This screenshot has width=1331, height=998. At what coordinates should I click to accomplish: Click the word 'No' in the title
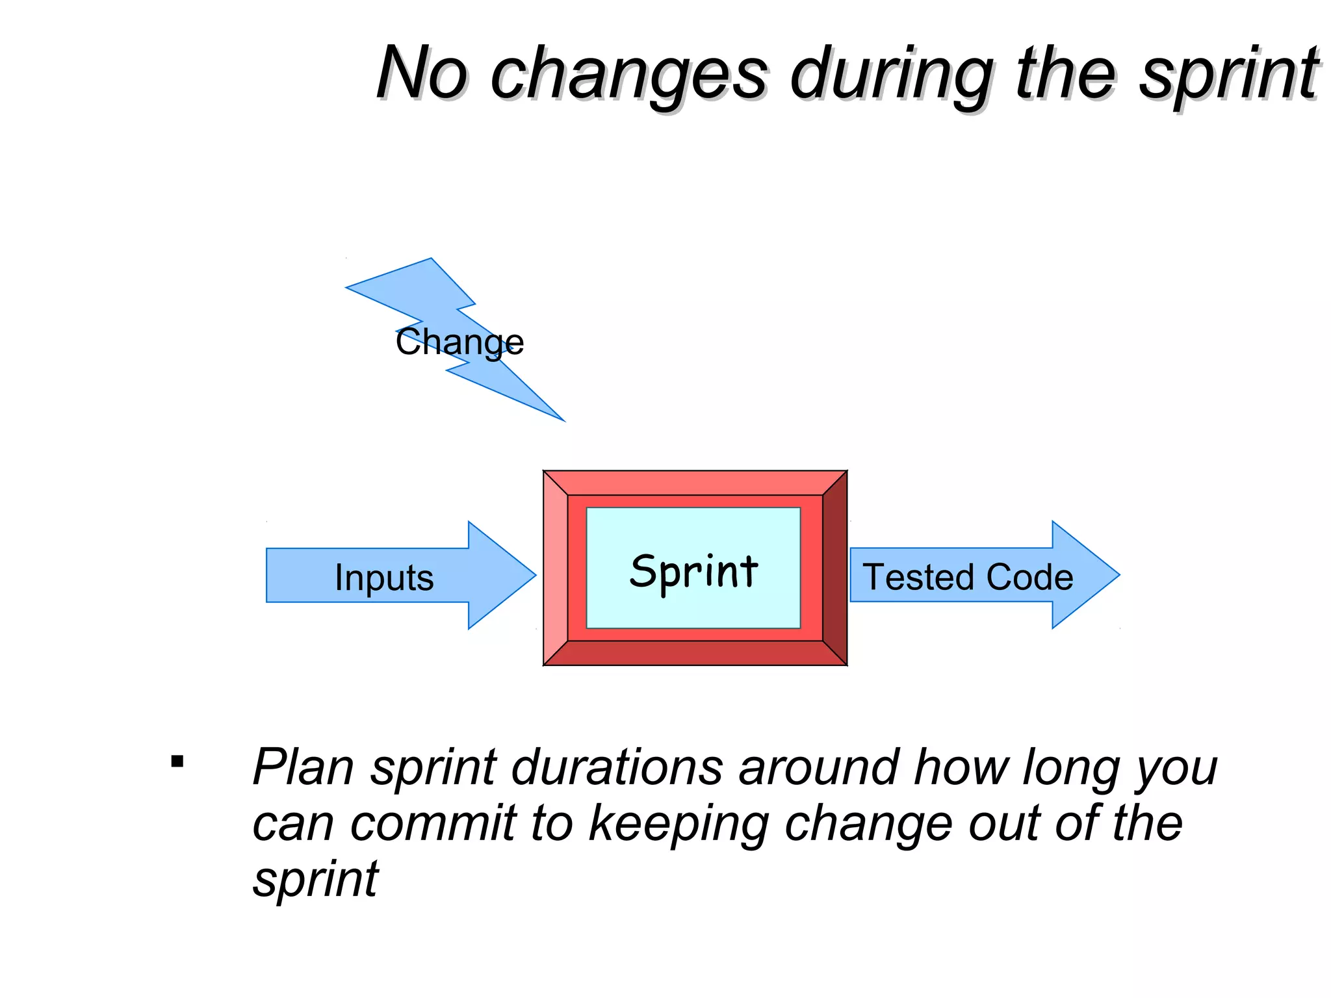pos(421,73)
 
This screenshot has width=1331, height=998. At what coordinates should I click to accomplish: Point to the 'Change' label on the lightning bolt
pos(459,342)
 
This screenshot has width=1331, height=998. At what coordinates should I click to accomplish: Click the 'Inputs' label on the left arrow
pos(384,577)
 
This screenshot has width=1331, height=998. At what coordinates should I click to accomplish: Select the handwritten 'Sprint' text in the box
pos(693,572)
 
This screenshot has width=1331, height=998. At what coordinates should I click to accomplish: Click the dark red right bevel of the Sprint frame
pos(835,568)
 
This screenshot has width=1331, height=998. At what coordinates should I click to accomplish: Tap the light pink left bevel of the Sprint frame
pos(556,568)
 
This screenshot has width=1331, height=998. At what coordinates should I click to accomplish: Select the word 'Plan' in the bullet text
pos(303,767)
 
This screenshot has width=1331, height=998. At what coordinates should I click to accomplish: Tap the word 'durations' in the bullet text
pos(617,767)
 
